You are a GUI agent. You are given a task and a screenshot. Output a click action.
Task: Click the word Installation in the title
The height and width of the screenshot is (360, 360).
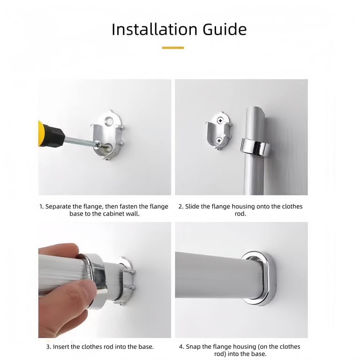click(x=155, y=30)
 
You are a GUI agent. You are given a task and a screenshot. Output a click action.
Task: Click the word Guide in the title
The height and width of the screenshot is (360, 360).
click(x=225, y=30)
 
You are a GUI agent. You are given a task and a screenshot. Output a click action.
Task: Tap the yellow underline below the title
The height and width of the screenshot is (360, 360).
click(x=173, y=48)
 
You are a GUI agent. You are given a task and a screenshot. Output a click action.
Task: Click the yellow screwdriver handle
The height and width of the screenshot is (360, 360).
click(x=40, y=134)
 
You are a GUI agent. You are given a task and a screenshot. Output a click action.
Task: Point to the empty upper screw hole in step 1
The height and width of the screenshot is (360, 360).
click(x=108, y=120)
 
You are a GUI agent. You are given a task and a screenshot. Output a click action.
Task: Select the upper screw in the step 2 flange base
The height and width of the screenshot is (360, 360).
click(x=220, y=120)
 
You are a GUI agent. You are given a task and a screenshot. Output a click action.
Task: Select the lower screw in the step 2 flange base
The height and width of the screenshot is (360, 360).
click(x=219, y=140)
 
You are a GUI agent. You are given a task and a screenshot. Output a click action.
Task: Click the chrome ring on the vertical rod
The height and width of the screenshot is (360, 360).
click(x=255, y=148)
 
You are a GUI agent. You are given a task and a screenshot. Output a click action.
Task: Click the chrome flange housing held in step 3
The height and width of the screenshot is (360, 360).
click(x=97, y=280)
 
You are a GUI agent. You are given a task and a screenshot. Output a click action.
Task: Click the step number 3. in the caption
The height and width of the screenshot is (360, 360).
click(x=49, y=347)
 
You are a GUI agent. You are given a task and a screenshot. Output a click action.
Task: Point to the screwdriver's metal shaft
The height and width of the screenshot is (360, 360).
click(x=82, y=142)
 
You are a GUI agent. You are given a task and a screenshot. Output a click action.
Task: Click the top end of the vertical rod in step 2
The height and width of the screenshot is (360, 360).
click(x=255, y=107)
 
